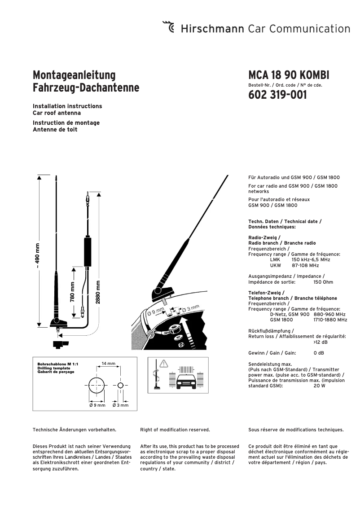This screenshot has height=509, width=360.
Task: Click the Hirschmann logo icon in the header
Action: (169, 28)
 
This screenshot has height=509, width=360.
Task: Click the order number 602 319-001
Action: (277, 95)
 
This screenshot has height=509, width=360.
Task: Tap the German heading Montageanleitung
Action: (74, 75)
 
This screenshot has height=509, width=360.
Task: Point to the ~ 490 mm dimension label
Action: (38, 256)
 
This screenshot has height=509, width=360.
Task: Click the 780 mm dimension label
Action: (72, 292)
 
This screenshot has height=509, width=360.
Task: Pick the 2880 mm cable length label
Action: (98, 292)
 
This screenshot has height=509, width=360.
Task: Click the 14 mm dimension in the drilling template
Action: (108, 363)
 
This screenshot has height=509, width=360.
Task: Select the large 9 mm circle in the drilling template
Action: (97, 385)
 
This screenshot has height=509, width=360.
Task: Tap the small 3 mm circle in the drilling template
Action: (120, 385)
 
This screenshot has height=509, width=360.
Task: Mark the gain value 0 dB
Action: (319, 353)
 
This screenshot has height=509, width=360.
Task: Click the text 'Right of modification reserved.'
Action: (175, 430)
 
